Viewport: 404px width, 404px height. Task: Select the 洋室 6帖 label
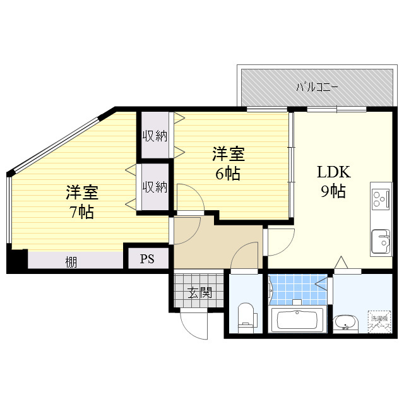[x=228, y=163]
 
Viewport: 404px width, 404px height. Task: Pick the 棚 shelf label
[x=71, y=261]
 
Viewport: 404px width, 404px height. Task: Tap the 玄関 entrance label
[x=198, y=292]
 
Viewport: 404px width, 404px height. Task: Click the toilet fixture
[x=246, y=316]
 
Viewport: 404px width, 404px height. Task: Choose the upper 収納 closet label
[x=154, y=135]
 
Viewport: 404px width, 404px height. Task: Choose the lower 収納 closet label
[x=154, y=187]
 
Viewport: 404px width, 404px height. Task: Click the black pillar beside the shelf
[x=16, y=261]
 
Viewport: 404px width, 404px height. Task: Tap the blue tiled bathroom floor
[x=297, y=290]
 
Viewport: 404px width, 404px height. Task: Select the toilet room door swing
[x=244, y=258]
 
